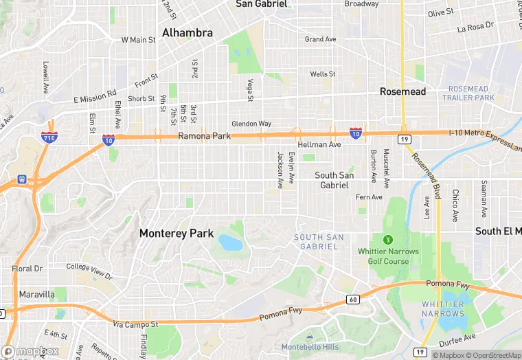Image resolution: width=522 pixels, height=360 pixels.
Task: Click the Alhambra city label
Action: pos(188,32)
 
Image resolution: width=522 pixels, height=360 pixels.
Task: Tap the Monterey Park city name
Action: pos(177,234)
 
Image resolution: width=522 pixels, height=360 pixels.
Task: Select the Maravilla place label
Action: pos(36,294)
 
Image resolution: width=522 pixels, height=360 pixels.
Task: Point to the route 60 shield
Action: pos(353,299)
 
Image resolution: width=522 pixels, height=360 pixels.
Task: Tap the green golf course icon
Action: pos(387,240)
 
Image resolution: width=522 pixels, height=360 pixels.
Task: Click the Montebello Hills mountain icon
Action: pos(309,337)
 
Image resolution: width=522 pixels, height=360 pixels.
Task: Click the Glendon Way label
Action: pos(251,124)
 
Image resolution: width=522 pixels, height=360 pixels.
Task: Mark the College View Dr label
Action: pos(89,270)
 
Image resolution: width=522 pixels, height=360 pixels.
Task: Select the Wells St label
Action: pos(322,74)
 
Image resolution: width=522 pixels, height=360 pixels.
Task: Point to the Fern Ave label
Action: pos(369,197)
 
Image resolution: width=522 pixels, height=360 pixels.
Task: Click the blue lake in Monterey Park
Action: pos(229,243)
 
